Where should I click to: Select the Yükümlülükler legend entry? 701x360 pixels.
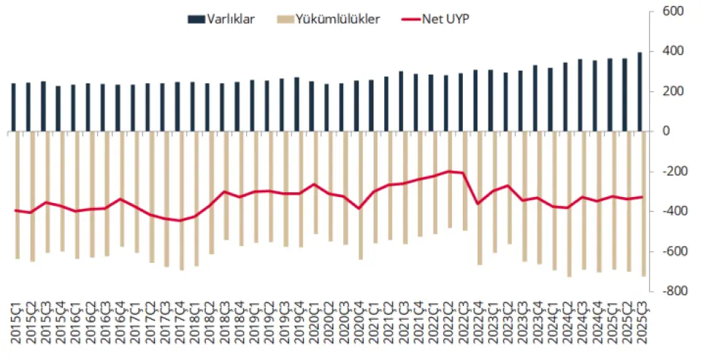(337, 20)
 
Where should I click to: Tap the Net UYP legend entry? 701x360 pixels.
(445, 20)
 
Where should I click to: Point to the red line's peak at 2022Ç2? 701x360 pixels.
(449, 171)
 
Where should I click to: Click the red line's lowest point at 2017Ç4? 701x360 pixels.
(180, 221)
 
